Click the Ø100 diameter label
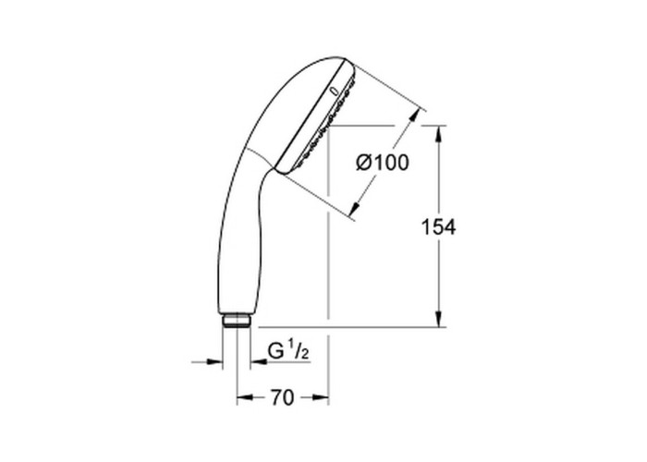383,163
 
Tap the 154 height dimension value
438,227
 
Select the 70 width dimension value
282,397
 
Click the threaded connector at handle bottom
236,321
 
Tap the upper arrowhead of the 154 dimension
439,133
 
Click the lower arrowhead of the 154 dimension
439,319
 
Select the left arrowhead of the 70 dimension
244,397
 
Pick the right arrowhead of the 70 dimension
321,397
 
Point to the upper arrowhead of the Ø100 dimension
414,117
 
